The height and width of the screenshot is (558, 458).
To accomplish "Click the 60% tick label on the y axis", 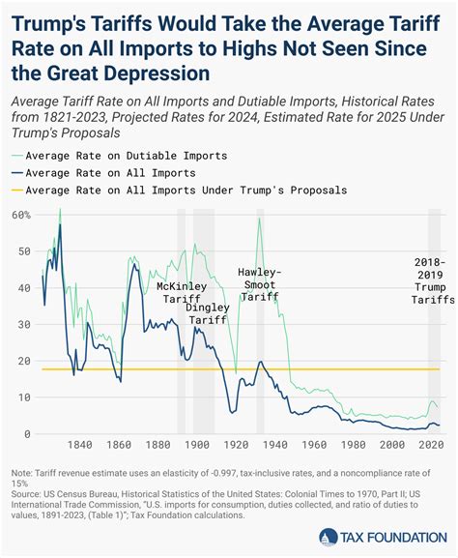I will (x=20, y=214).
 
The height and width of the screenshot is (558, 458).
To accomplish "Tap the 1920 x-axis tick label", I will (x=237, y=445).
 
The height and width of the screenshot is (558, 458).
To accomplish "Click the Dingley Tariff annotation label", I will (x=209, y=313).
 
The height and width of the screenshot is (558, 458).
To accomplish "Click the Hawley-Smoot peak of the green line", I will (x=259, y=219).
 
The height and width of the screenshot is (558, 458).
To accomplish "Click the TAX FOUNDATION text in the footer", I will (x=390, y=537).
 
